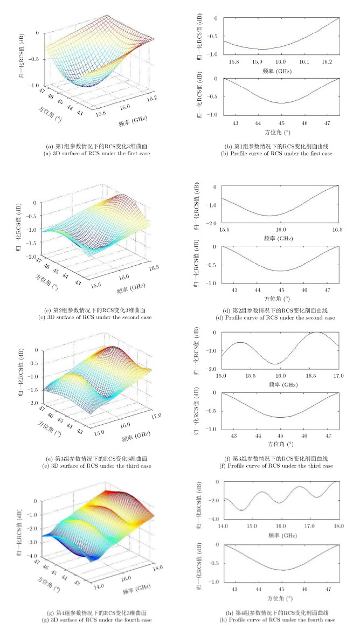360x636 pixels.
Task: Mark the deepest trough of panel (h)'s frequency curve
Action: click(x=243, y=510)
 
